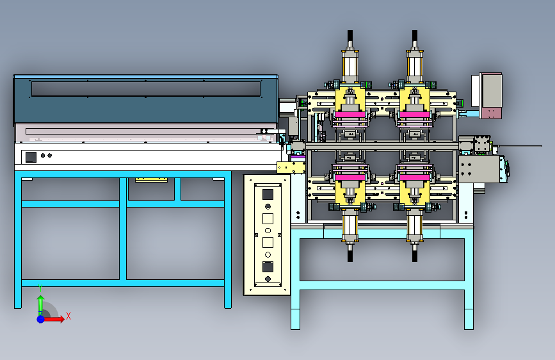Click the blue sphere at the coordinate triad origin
(x=41, y=319)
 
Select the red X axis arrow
(x=53, y=319)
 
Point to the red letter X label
(x=68, y=316)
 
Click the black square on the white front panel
(x=31, y=156)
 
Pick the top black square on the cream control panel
(x=268, y=194)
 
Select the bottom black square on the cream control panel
(x=268, y=266)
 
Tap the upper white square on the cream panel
(x=268, y=218)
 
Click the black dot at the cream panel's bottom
(x=268, y=279)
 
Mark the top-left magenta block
(x=350, y=115)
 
